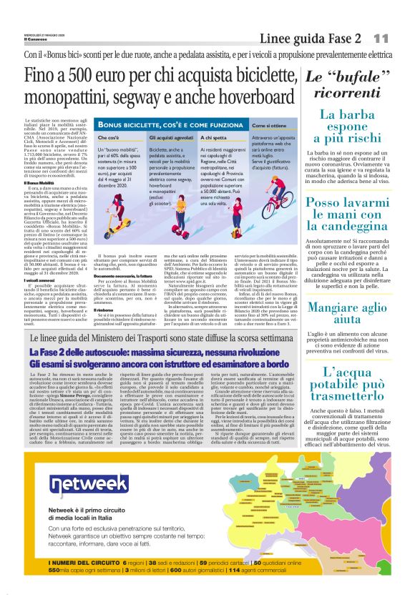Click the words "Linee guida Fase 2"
[320, 37]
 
